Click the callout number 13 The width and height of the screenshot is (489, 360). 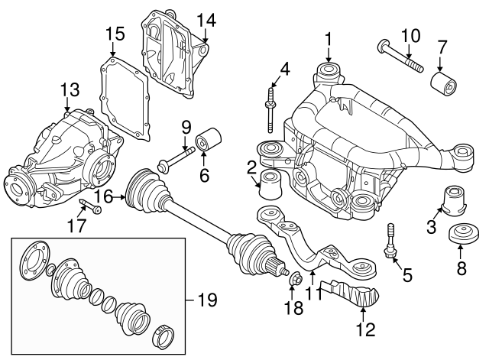click(70, 91)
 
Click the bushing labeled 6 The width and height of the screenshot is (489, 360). click(208, 143)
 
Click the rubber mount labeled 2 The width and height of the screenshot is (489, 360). click(270, 186)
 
